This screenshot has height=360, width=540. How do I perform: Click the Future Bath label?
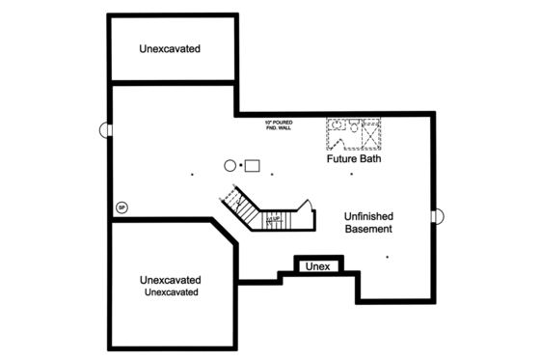click(x=353, y=158)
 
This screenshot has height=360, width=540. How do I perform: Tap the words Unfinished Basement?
click(x=368, y=222)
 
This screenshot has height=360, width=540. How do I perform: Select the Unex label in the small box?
click(x=316, y=266)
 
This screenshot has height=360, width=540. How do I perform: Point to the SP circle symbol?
click(x=121, y=207)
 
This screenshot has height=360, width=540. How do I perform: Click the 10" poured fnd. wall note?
click(x=281, y=125)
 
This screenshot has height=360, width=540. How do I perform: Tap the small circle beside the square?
click(x=230, y=165)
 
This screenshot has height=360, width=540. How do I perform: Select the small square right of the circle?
click(x=253, y=164)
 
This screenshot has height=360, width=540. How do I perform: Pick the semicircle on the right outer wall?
click(x=437, y=216)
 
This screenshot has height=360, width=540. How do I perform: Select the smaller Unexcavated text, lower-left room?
click(x=173, y=291)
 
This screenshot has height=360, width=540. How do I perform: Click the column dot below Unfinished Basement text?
click(x=387, y=257)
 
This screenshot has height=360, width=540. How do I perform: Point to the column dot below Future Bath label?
click(x=352, y=174)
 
